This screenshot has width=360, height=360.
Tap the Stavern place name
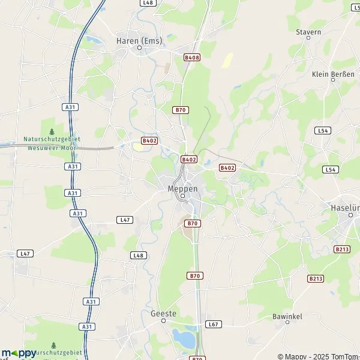click(x=308, y=32)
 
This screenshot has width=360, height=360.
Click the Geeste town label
click(x=163, y=314)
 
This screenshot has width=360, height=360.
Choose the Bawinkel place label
click(x=287, y=316)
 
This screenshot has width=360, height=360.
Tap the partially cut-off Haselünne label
click(x=346, y=208)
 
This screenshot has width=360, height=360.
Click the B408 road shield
click(x=192, y=58)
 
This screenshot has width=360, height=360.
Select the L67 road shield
click(x=213, y=324)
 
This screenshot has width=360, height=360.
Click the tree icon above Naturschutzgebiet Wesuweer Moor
click(x=52, y=131)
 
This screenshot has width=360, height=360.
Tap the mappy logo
click(x=18, y=353)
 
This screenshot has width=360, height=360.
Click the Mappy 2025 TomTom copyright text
click(x=318, y=356)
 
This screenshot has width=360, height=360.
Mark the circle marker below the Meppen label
click(x=182, y=196)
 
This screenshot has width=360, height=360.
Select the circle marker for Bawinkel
click(x=287, y=323)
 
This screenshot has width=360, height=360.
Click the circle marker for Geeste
click(x=163, y=322)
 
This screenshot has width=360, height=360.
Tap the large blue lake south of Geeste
click(x=184, y=339)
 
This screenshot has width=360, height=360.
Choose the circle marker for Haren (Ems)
click(x=139, y=49)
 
